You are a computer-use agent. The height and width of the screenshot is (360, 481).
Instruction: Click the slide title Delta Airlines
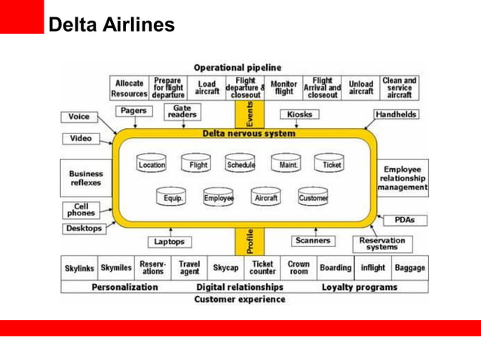pos(112,26)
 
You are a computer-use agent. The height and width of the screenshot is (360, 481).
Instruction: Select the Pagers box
pos(135,111)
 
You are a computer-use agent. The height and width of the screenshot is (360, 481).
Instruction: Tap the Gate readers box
pos(182,111)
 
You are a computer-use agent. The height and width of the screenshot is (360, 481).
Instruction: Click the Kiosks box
pos(299,114)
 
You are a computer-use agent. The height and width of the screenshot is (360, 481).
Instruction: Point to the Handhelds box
pos(396,114)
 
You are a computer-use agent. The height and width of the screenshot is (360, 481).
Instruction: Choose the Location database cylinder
pos(152,163)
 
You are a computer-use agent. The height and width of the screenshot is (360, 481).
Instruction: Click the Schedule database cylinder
pos(240,163)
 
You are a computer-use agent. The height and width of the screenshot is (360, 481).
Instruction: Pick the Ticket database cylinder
pos(331,163)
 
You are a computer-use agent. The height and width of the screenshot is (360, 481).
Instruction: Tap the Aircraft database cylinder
pos(265,197)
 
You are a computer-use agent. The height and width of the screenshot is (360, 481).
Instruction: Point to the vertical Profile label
pos(251,241)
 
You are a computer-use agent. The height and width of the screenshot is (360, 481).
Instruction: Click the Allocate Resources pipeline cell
pos(130,88)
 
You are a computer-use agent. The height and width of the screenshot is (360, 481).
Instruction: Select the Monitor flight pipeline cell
pos(283,88)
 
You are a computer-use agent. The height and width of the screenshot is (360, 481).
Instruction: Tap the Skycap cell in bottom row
pos(225,267)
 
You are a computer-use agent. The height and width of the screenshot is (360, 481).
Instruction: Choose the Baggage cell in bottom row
pos(410,267)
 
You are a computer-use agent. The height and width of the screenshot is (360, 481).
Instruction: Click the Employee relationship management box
pos(403,178)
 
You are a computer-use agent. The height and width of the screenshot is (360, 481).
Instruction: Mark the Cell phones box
pos(79,209)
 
